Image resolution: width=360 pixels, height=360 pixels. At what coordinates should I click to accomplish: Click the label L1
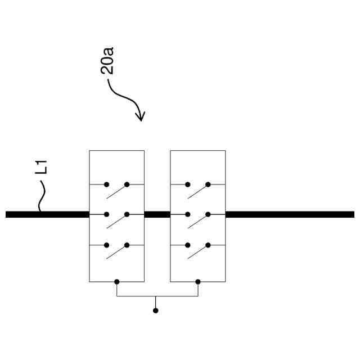[42, 167]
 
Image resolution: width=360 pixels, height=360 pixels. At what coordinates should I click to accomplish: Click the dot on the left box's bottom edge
[116, 281]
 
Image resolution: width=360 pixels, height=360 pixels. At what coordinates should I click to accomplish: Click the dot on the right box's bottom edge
[197, 281]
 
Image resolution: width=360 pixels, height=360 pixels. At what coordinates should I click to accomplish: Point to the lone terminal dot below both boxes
[156, 310]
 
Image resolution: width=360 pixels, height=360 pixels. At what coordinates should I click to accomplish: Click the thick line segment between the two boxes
[157, 214]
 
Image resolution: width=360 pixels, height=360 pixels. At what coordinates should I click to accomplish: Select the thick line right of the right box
[290, 214]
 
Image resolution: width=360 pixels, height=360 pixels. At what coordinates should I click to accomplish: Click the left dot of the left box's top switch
[106, 184]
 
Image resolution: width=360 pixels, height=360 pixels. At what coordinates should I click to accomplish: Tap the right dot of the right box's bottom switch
[208, 245]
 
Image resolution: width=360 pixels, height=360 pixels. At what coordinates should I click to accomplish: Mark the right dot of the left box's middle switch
[127, 214]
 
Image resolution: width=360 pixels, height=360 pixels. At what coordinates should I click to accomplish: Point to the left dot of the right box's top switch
[187, 184]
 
